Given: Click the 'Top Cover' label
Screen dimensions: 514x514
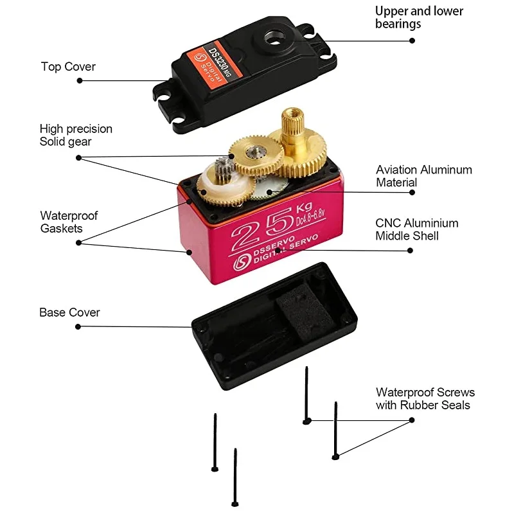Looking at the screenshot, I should tap(68, 67).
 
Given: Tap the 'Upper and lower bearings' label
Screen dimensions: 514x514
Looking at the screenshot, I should tap(419, 17).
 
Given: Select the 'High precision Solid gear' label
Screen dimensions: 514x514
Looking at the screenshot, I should tap(76, 135).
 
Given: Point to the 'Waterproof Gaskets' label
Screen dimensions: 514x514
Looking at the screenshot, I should tap(69, 222).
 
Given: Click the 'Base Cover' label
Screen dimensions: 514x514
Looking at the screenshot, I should tap(69, 313).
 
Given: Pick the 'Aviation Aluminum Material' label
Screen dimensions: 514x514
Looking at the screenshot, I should tap(423, 176).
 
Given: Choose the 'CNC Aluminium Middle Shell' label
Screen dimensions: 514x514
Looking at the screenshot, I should tap(417, 229).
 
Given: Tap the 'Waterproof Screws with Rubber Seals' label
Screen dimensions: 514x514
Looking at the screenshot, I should tap(425, 398).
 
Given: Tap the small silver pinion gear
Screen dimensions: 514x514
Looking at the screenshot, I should tap(226, 168).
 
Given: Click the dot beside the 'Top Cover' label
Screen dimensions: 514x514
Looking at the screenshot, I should tap(80, 81).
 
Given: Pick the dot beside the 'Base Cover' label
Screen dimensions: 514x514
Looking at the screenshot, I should tap(79, 326).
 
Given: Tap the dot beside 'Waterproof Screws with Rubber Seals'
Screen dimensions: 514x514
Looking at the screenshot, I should tap(412, 420).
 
